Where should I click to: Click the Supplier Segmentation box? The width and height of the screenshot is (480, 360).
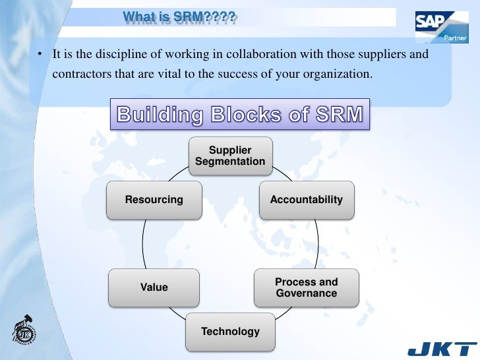click(x=230, y=156)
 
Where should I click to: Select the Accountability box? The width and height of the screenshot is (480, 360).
click(x=306, y=199)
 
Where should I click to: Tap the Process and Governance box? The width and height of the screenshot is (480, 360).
click(x=306, y=287)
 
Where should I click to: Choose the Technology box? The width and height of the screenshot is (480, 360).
click(x=230, y=331)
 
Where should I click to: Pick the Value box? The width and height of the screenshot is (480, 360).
click(x=154, y=287)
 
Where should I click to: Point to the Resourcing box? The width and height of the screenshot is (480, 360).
click(x=154, y=199)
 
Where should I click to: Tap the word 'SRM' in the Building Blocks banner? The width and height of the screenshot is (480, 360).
click(x=336, y=114)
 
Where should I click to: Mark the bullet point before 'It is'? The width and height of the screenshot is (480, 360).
click(x=40, y=55)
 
